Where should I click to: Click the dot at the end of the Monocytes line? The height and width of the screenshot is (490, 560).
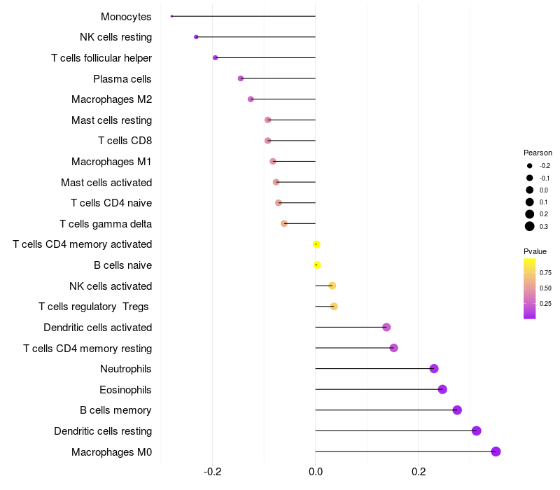coord(171,16)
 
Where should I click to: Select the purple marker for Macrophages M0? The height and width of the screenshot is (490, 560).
coord(496,451)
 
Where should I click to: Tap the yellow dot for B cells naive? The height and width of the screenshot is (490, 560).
coord(317,265)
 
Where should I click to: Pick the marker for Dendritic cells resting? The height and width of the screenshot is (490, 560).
coord(477,430)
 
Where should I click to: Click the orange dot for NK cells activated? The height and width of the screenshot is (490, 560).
coord(332,286)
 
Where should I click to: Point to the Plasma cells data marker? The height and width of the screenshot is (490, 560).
coord(241,78)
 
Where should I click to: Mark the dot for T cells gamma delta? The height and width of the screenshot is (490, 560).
coord(284,223)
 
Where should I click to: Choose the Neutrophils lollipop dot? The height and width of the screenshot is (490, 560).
coord(434,369)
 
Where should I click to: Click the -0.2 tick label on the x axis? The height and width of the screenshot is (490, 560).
coord(213,472)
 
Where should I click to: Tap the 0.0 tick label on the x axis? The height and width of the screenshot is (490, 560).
coord(316,472)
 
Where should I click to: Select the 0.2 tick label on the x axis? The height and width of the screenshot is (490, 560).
coord(419,472)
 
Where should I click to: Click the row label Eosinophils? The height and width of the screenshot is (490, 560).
coord(125,390)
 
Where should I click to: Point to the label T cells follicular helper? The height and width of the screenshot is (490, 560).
coord(101,58)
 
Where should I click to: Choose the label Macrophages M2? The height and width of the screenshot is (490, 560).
coord(112,99)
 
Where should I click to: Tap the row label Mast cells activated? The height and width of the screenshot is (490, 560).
coord(106,183)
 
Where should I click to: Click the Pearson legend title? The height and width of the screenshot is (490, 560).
coord(538,153)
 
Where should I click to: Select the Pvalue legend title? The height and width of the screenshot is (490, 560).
coord(535,251)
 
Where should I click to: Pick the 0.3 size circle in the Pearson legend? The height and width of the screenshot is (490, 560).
coord(530,226)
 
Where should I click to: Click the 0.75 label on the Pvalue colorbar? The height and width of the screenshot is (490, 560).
coord(545,273)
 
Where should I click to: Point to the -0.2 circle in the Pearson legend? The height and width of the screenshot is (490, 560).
coord(530,166)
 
